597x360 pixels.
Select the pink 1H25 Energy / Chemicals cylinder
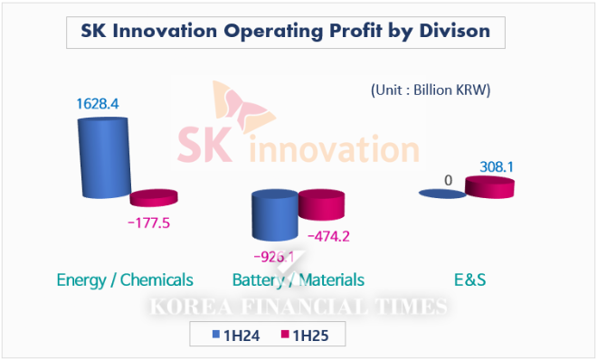[154, 198]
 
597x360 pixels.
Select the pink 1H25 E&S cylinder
[489, 187]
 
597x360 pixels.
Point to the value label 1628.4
[97, 104]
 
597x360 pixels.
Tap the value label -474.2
[332, 237]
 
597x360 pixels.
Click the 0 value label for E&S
[448, 180]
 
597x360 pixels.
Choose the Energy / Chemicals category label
[125, 279]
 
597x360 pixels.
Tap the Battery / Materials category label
[298, 279]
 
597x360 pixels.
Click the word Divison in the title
[450, 32]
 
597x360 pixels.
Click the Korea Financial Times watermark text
[298, 308]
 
